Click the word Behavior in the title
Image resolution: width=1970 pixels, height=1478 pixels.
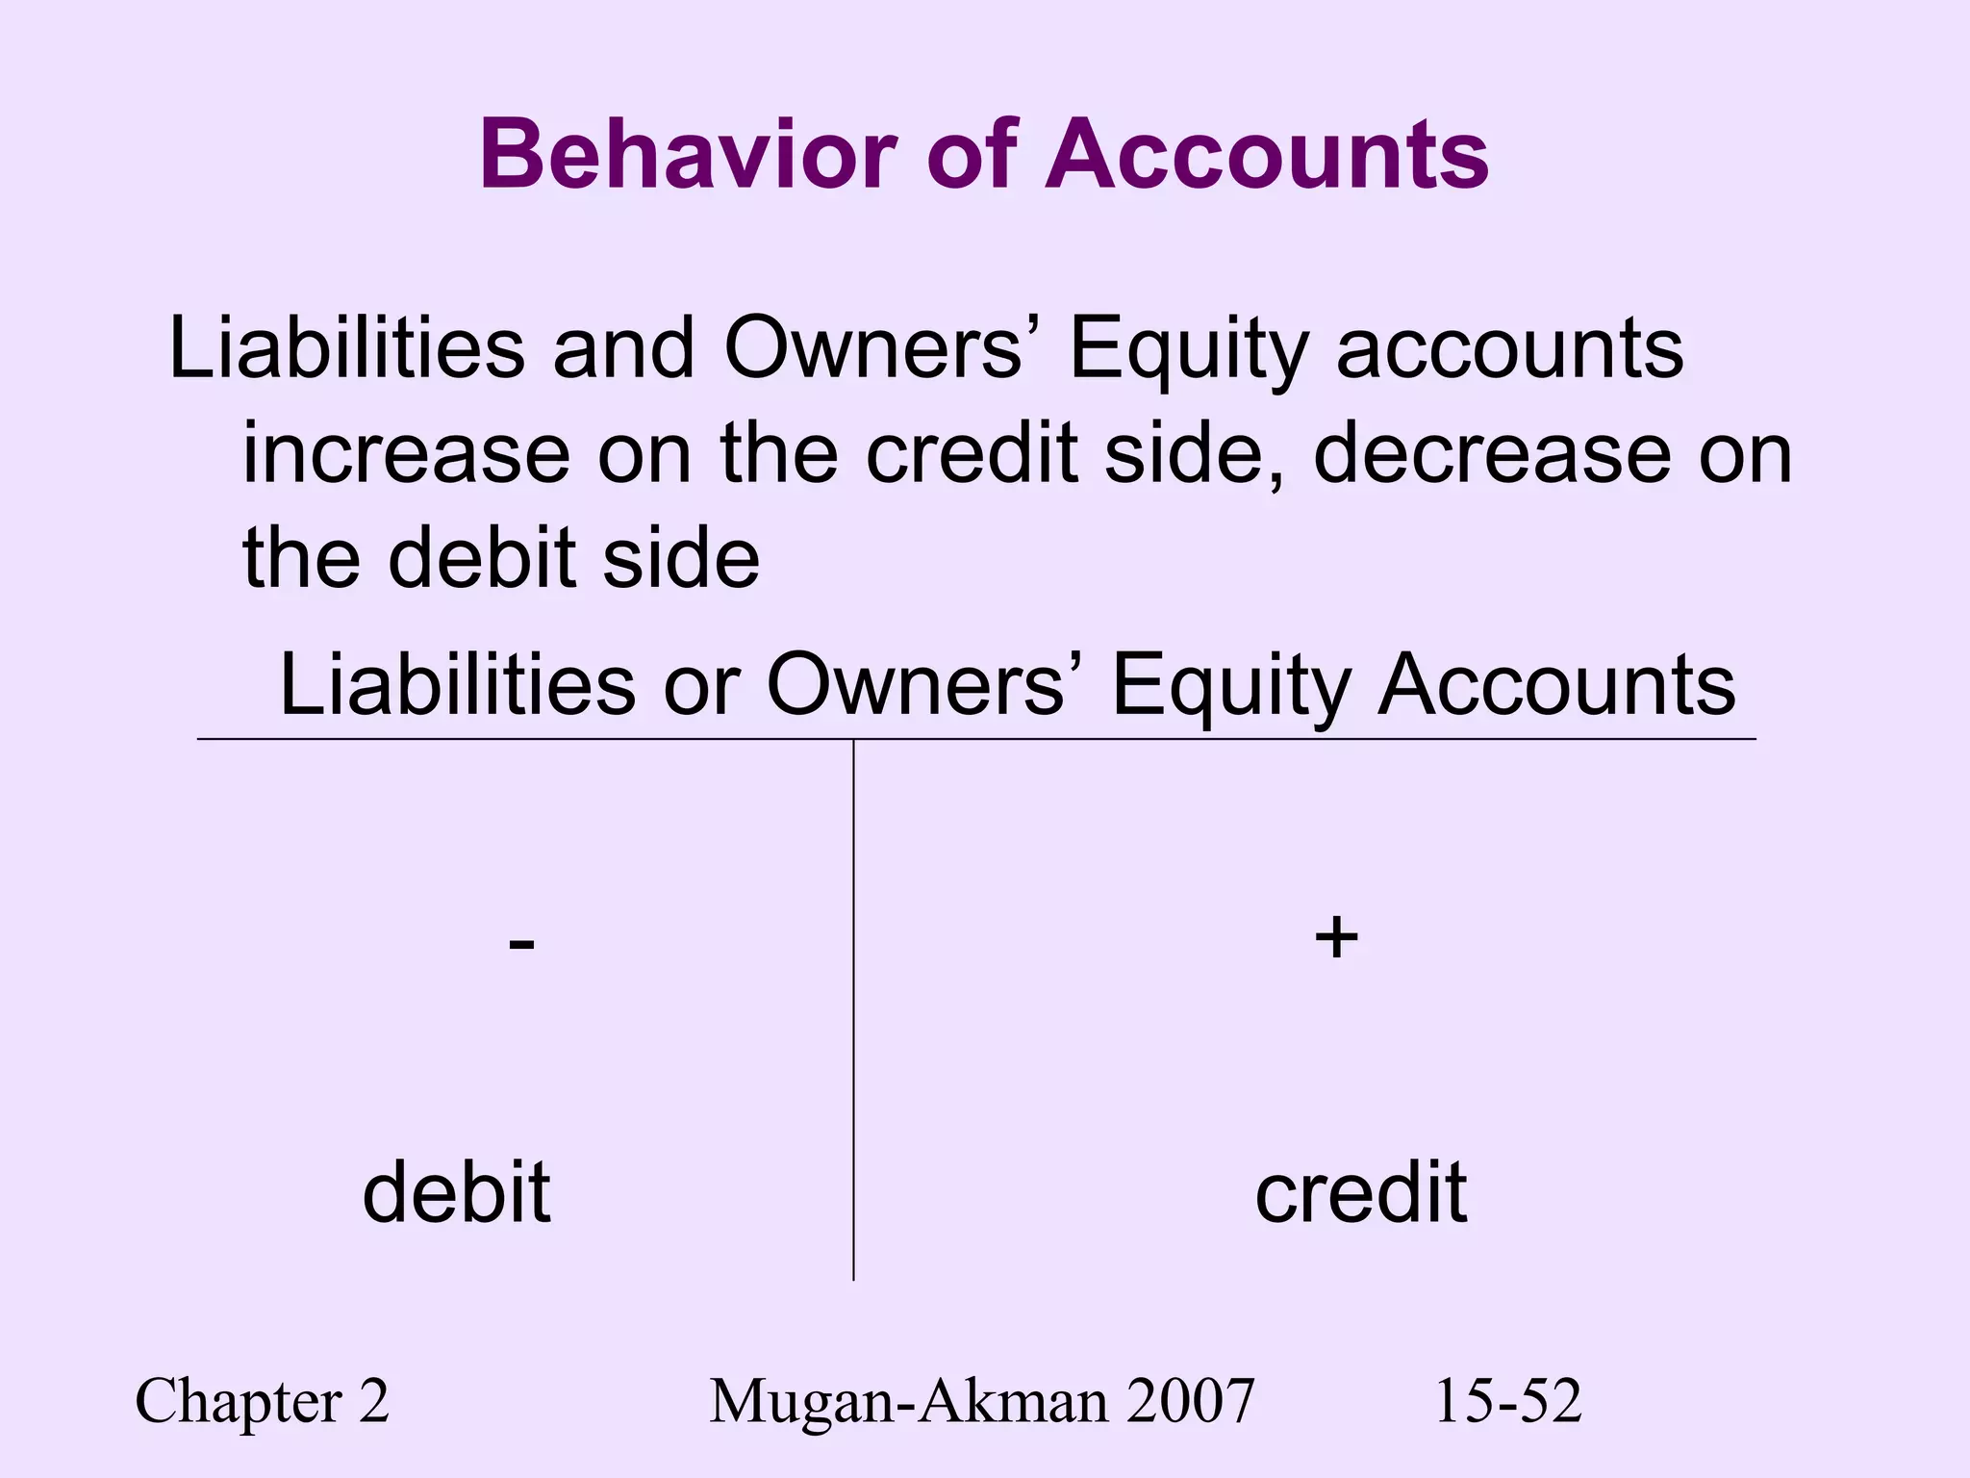pyautogui.click(x=687, y=154)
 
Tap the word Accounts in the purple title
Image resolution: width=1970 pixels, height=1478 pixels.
pyautogui.click(x=1269, y=154)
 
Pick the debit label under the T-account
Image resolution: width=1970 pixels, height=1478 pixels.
pyautogui.click(x=456, y=1192)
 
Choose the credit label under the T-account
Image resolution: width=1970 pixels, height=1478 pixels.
pyautogui.click(x=1361, y=1192)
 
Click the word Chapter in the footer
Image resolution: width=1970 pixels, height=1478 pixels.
pyautogui.click(x=239, y=1401)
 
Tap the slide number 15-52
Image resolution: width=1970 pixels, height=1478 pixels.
pyautogui.click(x=1507, y=1401)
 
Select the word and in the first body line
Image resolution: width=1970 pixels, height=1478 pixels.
pyautogui.click(x=623, y=348)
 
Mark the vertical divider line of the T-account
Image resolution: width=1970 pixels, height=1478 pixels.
pyautogui.click(x=853, y=1010)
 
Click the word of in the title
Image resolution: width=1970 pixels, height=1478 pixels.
pyautogui.click(x=972, y=154)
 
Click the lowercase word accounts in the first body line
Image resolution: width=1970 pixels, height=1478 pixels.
pyautogui.click(x=1510, y=348)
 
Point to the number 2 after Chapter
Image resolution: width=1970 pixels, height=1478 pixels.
pyautogui.click(x=374, y=1401)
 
